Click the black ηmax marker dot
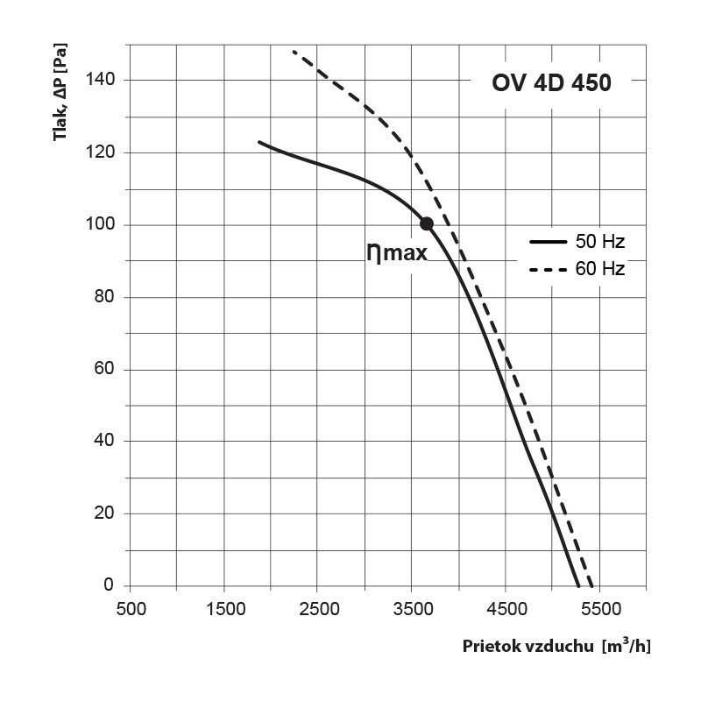pyautogui.click(x=427, y=223)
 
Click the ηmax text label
pyautogui.click(x=397, y=253)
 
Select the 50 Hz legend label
pyautogui.click(x=600, y=240)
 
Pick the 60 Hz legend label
pyautogui.click(x=600, y=269)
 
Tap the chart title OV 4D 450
pyautogui.click(x=549, y=84)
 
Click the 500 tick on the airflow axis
pyautogui.click(x=131, y=606)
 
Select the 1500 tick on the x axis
pyautogui.click(x=224, y=606)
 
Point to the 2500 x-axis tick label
pyautogui.click(x=318, y=606)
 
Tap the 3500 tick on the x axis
pyautogui.click(x=412, y=606)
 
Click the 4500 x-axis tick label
pyautogui.click(x=506, y=606)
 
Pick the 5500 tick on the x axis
pyautogui.click(x=599, y=606)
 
